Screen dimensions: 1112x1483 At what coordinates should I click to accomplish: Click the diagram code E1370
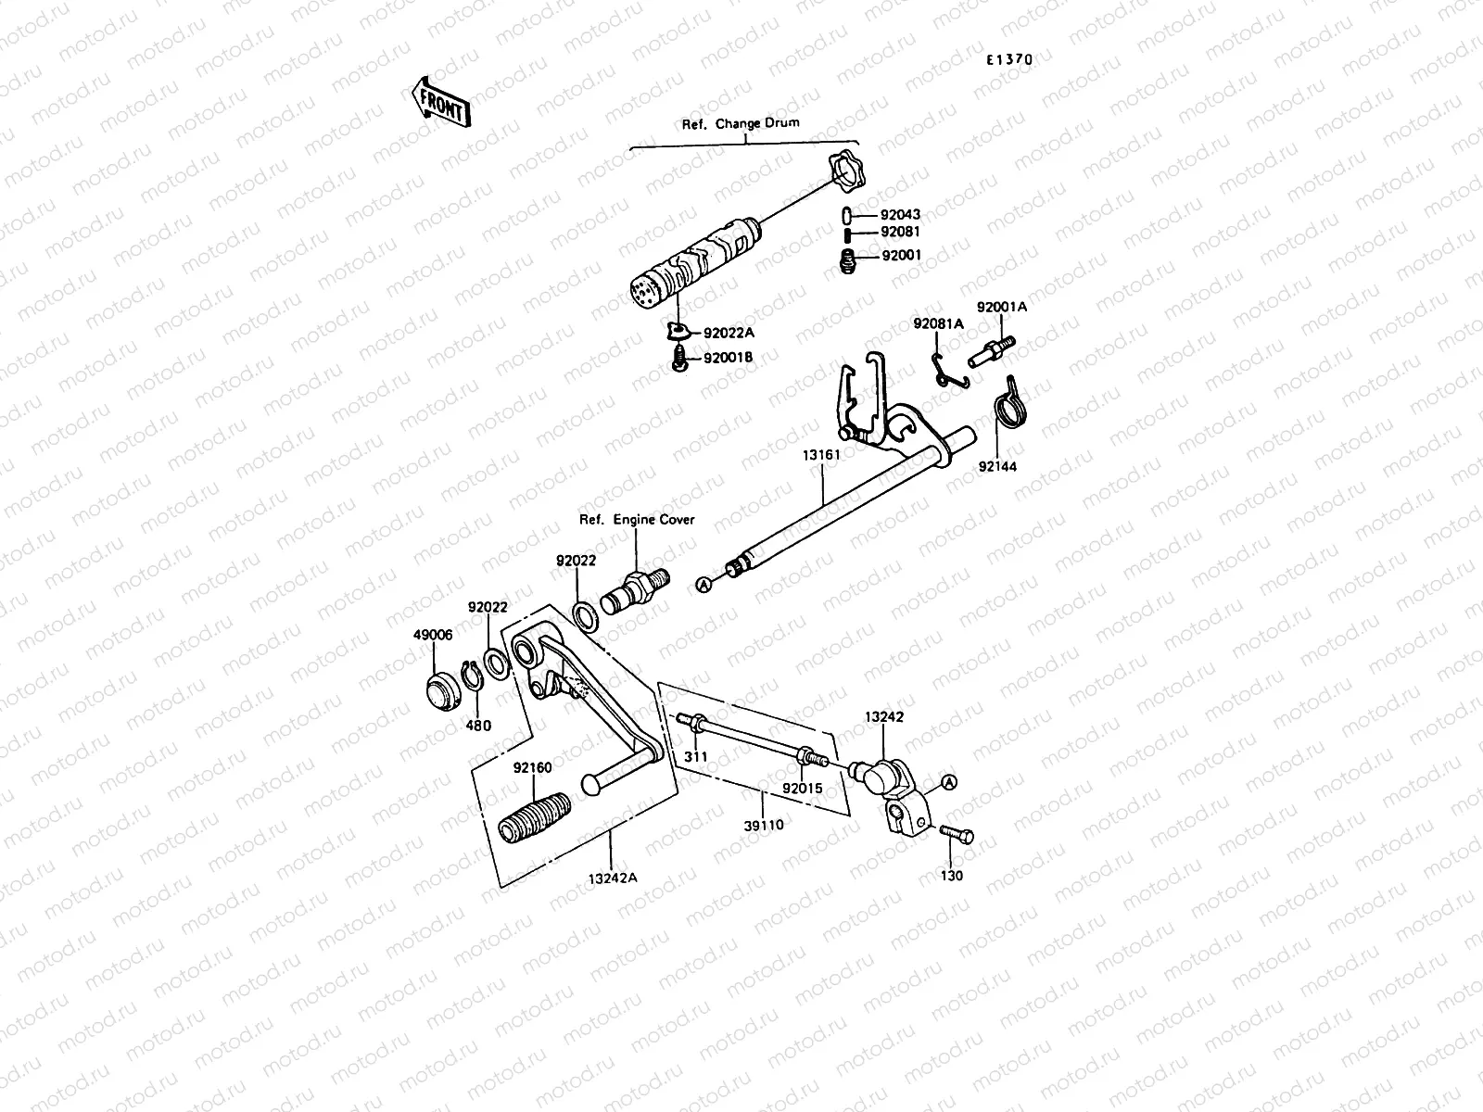pos(1008,58)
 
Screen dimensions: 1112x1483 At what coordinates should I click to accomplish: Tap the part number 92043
pos(900,215)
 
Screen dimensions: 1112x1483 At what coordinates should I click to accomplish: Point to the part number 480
pos(478,726)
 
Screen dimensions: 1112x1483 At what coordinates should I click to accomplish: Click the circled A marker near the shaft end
pos(704,585)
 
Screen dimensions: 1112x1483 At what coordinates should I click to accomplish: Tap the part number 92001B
pos(728,358)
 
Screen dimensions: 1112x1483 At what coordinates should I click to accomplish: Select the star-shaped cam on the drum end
pos(843,171)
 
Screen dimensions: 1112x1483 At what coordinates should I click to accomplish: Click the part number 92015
pos(802,789)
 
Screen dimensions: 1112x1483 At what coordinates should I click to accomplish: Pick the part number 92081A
pos(938,323)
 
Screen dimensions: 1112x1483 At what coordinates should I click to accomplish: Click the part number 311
pos(696,757)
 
